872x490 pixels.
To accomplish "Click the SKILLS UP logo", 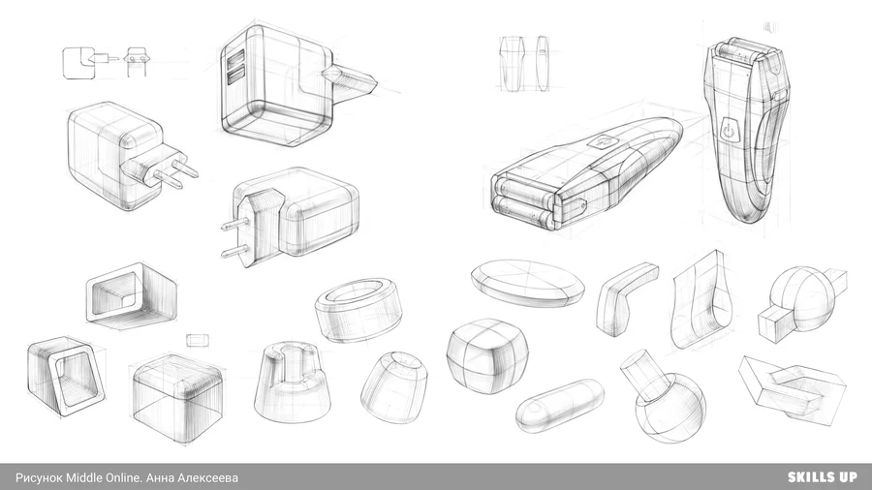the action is tap(822, 476).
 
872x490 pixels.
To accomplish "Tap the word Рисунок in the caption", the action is tap(40, 477).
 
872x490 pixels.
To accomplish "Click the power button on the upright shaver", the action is tap(729, 131).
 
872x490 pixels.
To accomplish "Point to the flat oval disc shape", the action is tap(527, 284).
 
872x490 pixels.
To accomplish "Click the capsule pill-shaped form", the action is tap(559, 406).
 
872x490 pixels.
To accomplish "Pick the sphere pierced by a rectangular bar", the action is tap(802, 300).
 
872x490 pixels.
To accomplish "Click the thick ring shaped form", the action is tap(358, 310).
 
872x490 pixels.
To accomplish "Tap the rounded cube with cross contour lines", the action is tap(487, 355).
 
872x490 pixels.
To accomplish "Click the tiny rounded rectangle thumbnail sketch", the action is tap(198, 340).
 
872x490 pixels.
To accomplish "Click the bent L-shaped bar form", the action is tap(625, 298).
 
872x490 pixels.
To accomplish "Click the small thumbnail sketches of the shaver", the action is tap(524, 63).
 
